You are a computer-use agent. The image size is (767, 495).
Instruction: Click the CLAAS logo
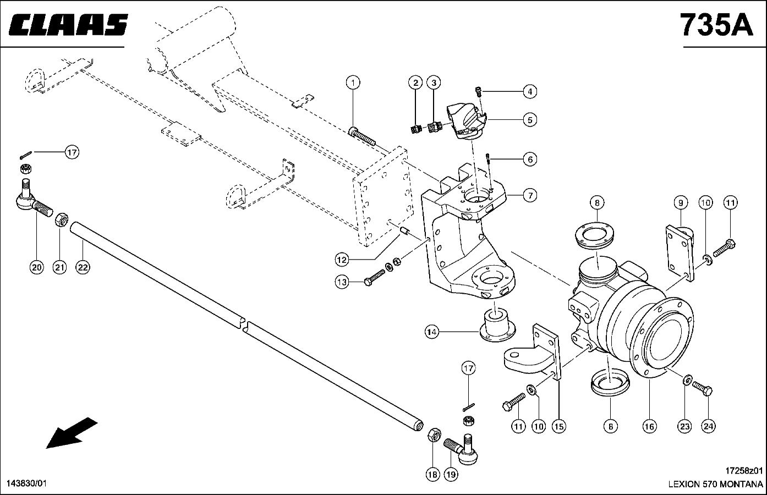click(x=68, y=25)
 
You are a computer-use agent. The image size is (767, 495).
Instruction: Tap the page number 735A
click(x=717, y=25)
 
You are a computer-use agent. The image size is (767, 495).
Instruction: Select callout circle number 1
click(x=353, y=82)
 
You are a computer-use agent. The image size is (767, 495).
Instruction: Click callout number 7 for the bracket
click(x=530, y=195)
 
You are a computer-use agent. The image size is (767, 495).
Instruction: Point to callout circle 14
click(x=432, y=332)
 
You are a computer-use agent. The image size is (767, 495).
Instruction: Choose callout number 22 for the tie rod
click(x=83, y=267)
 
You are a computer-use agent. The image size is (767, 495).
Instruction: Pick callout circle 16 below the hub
click(x=650, y=427)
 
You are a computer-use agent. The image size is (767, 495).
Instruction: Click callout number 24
click(x=708, y=427)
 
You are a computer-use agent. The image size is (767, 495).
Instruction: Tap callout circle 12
click(x=342, y=260)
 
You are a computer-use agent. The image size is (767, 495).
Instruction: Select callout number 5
click(x=530, y=120)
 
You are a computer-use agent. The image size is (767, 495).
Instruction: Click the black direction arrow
click(x=72, y=433)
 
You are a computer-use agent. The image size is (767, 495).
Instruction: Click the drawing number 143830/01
click(x=26, y=483)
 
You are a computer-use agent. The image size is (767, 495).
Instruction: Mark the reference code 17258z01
click(x=744, y=471)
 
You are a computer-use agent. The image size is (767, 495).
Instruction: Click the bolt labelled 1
click(x=361, y=136)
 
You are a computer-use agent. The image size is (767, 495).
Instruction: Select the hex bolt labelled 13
click(x=375, y=278)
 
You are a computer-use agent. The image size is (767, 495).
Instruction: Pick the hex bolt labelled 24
click(x=702, y=388)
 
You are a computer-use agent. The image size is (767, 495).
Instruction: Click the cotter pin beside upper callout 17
click(x=26, y=155)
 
